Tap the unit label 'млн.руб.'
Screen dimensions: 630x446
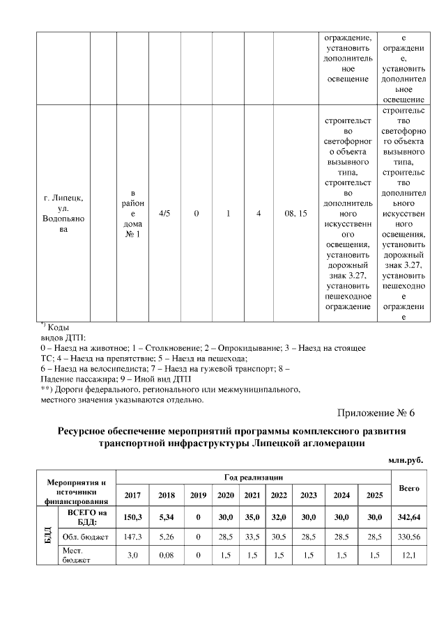coord(406,459)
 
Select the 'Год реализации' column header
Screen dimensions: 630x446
coord(254,477)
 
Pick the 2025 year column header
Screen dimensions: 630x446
coord(375,495)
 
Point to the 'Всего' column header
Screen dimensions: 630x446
coord(408,489)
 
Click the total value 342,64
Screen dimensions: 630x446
coord(408,518)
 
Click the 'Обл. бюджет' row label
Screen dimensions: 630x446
coord(86,538)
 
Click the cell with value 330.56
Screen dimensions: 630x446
coord(408,538)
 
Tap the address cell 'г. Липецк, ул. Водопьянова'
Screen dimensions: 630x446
coord(63,214)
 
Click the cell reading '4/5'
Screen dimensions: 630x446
coord(165,214)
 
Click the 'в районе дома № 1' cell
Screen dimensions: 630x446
coord(132,214)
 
